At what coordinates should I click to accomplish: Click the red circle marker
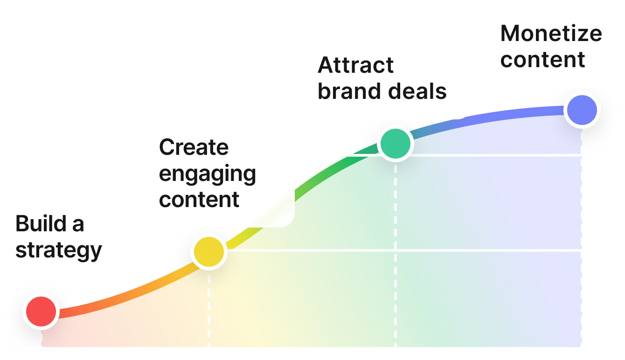(x=42, y=311)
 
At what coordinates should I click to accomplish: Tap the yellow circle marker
(x=208, y=252)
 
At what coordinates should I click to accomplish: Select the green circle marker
(x=396, y=144)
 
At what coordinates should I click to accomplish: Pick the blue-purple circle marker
(x=582, y=110)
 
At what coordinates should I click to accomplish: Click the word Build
(x=39, y=224)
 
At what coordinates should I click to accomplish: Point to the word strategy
(x=59, y=250)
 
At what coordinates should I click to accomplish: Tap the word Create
(x=194, y=147)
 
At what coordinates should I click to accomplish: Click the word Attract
(x=356, y=65)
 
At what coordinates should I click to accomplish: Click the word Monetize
(x=551, y=34)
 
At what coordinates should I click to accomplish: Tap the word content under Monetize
(x=542, y=60)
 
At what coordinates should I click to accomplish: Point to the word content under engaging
(x=199, y=200)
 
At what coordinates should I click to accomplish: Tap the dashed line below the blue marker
(x=582, y=233)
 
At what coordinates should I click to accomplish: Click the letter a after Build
(x=78, y=225)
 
